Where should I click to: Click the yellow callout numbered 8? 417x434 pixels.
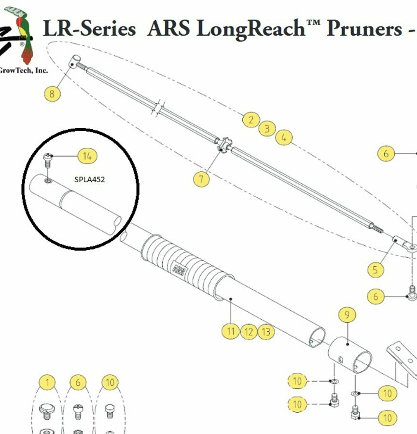coord(52,93)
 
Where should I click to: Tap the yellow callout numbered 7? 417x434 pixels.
coord(201,179)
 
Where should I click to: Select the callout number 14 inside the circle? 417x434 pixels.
coord(87,156)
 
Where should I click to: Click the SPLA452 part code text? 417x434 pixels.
coord(90,179)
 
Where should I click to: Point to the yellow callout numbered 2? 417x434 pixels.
coord(250,120)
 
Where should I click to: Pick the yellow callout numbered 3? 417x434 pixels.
coord(266,129)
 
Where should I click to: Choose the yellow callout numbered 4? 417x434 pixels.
coord(284,138)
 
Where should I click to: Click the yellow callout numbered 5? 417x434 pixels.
coord(376,269)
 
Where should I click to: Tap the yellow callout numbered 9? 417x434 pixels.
coord(347,315)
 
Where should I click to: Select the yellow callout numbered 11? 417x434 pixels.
coord(231,331)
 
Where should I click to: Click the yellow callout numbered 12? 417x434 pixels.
coord(248,331)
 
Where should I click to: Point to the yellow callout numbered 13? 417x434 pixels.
coord(265,331)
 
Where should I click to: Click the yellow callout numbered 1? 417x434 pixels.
coord(47,383)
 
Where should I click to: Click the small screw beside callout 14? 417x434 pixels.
coord(47,159)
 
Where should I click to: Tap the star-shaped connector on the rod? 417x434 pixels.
coord(223,145)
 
